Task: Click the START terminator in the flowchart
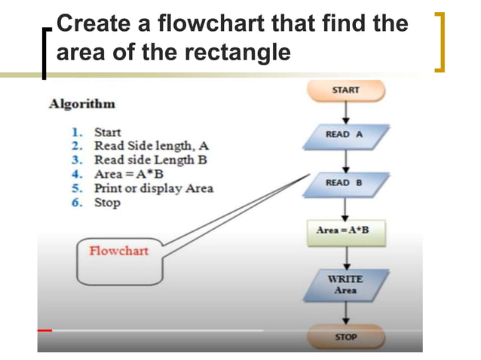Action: (x=345, y=90)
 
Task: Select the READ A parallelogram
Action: (x=345, y=135)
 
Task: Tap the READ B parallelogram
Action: (x=346, y=183)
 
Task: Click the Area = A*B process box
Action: (x=346, y=230)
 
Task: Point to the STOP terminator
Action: (x=345, y=337)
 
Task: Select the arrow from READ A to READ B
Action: (x=345, y=159)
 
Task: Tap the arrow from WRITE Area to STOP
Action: (x=345, y=313)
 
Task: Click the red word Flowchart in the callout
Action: (x=119, y=251)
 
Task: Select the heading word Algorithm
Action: (x=82, y=104)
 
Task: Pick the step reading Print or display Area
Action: (x=153, y=188)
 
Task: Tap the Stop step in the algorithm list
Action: (x=107, y=203)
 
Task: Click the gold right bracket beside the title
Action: (x=440, y=41)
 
